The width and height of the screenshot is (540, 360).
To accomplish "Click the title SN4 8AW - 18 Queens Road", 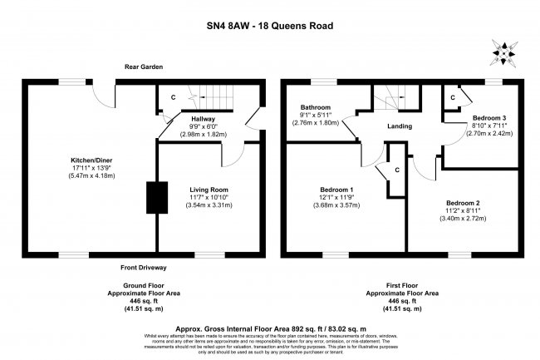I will [x=271, y=26].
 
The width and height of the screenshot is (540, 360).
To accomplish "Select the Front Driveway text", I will [x=144, y=268].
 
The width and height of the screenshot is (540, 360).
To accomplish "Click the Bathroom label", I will [x=316, y=107].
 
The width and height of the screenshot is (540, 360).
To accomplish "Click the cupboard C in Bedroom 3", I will [x=453, y=97].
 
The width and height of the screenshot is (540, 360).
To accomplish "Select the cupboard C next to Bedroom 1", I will [x=398, y=170].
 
